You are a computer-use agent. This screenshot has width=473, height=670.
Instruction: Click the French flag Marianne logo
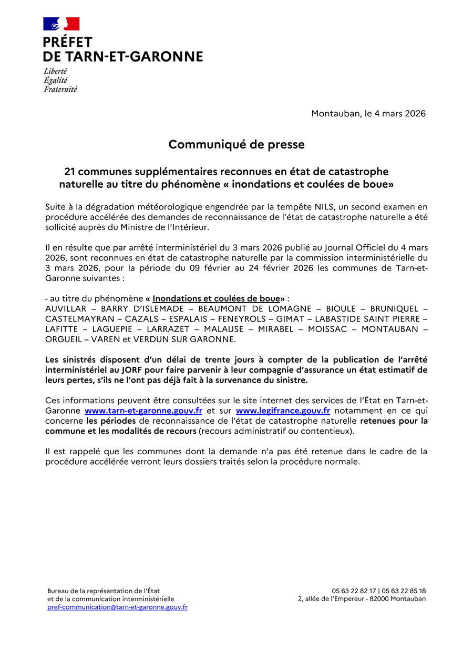click(61, 24)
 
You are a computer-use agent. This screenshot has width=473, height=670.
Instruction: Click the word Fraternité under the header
click(60, 89)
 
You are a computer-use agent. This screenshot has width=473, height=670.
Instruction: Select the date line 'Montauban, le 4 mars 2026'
click(368, 114)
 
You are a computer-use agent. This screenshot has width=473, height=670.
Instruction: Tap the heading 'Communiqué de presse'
click(236, 144)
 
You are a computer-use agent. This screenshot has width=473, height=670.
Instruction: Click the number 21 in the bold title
click(70, 172)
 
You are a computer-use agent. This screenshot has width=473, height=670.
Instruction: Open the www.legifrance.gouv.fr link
click(283, 411)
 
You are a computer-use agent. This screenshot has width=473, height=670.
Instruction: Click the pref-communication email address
click(117, 607)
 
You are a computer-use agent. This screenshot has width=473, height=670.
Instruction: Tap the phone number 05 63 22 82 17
click(354, 591)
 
